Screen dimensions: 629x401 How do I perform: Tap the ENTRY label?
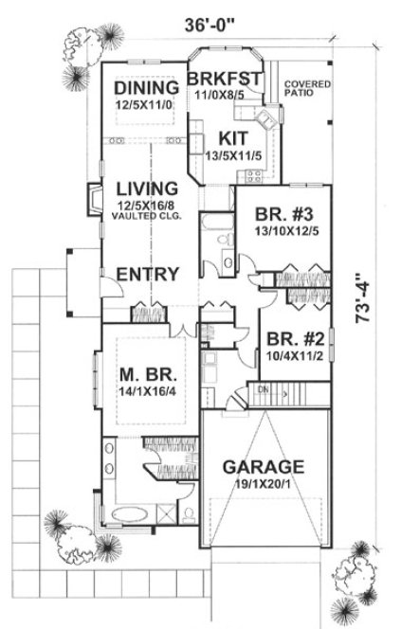148,275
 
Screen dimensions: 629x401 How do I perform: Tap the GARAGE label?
263,467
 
